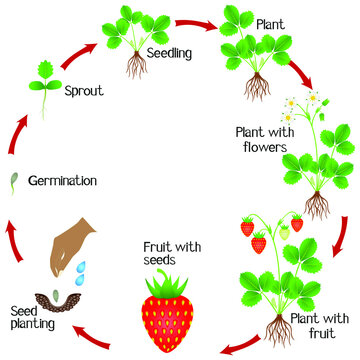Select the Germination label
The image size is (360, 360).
[63, 182]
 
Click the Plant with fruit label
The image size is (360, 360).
[318, 325]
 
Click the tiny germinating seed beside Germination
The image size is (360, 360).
[14, 181]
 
